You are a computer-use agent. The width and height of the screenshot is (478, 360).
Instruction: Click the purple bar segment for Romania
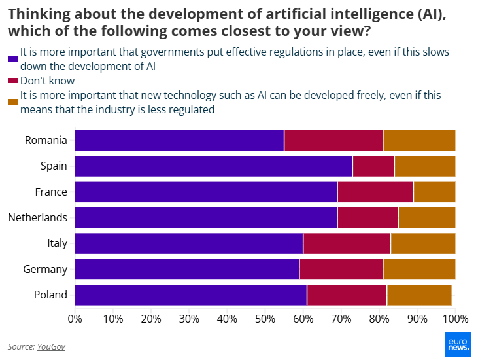tap(179, 141)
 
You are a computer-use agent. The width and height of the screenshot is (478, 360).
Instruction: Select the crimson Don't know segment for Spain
tap(373, 166)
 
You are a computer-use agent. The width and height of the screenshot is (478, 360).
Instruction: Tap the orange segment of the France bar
tap(434, 192)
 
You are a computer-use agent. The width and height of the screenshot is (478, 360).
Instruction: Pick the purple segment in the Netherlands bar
tap(206, 217)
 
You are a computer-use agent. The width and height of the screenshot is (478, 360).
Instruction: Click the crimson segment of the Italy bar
tap(347, 243)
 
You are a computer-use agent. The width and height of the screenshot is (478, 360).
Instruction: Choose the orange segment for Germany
tap(419, 269)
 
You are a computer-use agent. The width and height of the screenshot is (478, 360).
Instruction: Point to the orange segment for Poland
tap(419, 295)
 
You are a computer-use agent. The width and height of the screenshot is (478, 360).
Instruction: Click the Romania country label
tap(46, 140)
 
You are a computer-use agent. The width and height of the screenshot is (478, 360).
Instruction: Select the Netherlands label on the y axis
tap(37, 217)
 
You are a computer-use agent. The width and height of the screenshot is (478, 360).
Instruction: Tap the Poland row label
tap(50, 295)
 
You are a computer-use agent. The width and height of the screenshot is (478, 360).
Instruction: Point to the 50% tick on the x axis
tap(265, 319)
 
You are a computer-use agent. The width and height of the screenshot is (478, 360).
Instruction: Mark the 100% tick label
tap(455, 319)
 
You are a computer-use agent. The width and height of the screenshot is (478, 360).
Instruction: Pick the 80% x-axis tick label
tap(379, 319)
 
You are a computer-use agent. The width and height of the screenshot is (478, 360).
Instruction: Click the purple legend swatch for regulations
tap(12, 59)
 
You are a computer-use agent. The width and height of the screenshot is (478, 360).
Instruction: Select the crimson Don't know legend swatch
tap(12, 81)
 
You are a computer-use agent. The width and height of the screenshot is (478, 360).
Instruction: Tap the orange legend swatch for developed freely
tap(12, 102)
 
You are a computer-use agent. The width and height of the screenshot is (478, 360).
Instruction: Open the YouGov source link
tap(51, 346)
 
